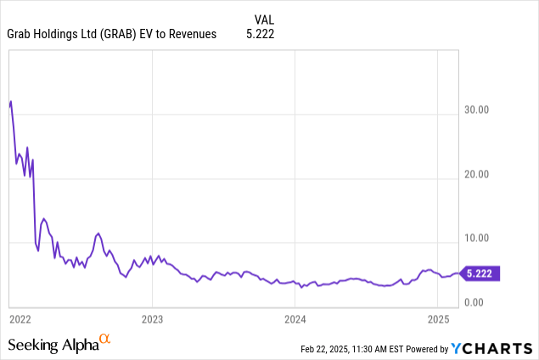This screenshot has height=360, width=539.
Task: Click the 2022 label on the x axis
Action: tap(20, 319)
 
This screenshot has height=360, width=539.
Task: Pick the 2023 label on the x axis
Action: tap(152, 319)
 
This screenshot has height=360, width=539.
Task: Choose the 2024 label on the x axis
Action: tap(295, 319)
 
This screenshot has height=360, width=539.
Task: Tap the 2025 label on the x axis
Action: tap(437, 319)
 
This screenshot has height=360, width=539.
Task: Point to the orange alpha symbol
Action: tap(105, 340)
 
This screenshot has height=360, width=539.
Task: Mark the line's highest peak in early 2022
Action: tap(10, 101)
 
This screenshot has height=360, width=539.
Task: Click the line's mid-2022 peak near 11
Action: tap(98, 233)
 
